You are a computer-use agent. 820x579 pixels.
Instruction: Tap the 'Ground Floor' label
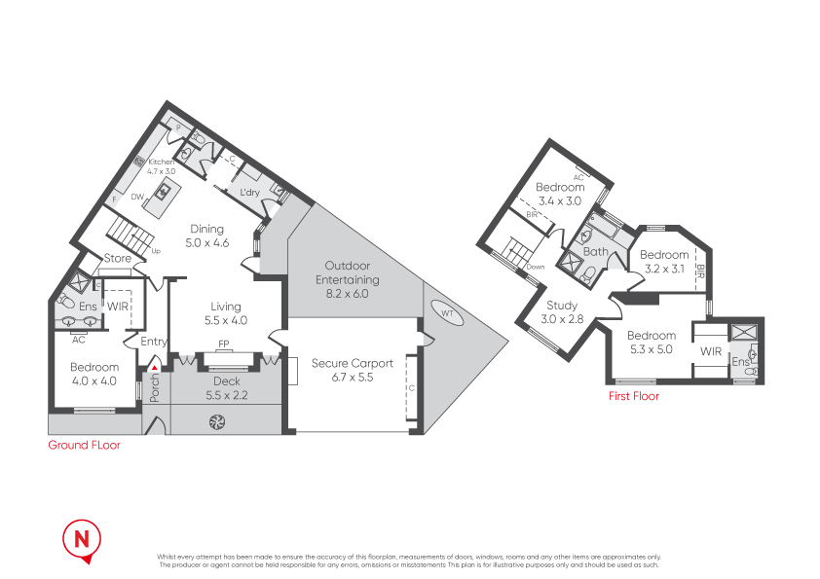tap(85, 446)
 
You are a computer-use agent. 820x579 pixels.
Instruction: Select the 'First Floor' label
tap(633, 396)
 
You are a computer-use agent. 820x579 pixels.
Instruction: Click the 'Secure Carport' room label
tap(353, 363)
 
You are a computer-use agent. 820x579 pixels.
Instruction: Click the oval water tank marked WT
tap(447, 314)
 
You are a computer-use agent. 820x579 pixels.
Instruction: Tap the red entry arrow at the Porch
tap(154, 367)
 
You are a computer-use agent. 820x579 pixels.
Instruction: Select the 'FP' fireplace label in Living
tap(223, 344)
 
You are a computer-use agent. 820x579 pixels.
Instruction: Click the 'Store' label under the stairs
tap(118, 259)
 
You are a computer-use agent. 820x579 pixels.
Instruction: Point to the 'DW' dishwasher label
tap(137, 196)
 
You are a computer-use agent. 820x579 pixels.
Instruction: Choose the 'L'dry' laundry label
tap(250, 193)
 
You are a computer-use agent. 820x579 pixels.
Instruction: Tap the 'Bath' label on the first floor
tap(595, 252)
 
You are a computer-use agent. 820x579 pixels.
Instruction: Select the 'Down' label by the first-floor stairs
tap(536, 267)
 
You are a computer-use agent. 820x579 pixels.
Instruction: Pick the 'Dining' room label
tap(207, 230)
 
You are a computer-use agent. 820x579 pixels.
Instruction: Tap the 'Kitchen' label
tap(162, 162)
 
